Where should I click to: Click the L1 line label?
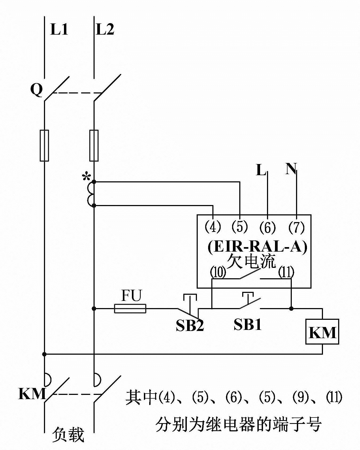[59, 29]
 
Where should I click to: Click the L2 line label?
[105, 29]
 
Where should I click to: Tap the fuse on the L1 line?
[44, 146]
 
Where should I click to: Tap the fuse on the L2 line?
[94, 146]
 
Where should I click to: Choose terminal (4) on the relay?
[213, 227]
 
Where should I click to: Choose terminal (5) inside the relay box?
[240, 227]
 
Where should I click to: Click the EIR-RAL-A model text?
[257, 247]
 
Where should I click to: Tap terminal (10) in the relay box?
[218, 272]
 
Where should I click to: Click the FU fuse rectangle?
[130, 309]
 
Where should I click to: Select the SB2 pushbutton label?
[190, 325]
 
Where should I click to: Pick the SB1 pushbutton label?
[248, 324]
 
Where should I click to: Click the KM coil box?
[322, 332]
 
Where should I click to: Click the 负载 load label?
[68, 435]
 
